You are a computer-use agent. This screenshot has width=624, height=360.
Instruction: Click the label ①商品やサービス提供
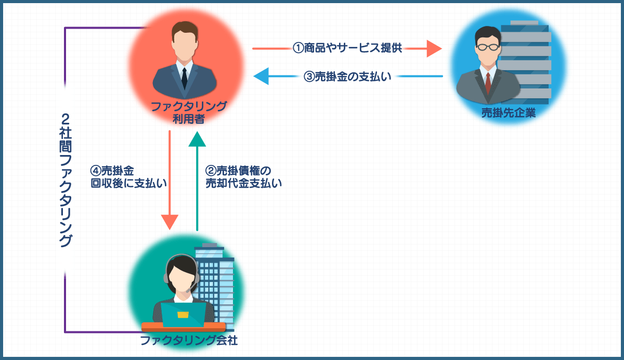point(347,48)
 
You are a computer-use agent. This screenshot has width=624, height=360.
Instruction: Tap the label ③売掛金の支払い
point(347,77)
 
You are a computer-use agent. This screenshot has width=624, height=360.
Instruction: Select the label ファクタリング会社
point(189,341)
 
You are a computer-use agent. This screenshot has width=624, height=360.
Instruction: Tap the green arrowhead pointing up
point(197,139)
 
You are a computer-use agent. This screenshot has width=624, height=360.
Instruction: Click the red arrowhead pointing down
point(170,222)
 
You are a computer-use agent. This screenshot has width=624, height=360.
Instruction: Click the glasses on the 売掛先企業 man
point(488,47)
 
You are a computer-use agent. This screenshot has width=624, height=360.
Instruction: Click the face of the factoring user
point(184,44)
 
